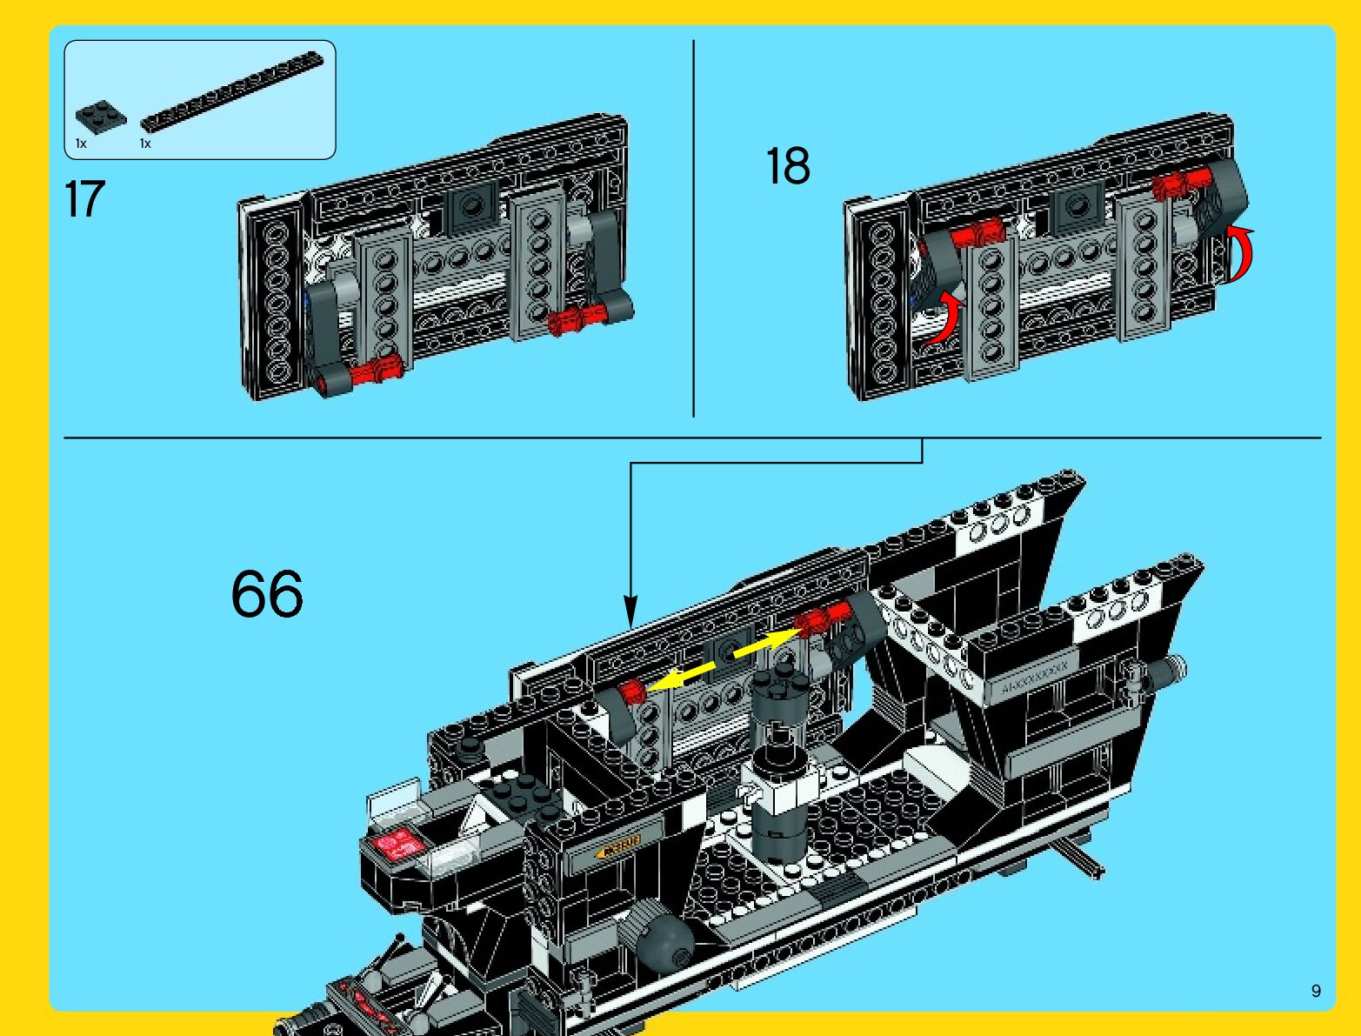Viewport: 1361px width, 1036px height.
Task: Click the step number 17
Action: point(84,199)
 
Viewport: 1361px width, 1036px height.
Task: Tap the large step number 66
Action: point(267,594)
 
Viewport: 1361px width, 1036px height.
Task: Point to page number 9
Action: point(1316,991)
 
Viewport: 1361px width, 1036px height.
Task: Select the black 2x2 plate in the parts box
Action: point(100,117)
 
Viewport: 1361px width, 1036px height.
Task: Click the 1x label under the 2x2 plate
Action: point(81,144)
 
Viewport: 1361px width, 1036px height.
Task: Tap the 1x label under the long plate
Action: point(145,144)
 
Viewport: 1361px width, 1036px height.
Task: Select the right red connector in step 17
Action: point(575,319)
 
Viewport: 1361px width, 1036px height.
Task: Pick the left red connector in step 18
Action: point(977,234)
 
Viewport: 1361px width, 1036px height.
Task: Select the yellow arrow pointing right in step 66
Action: point(765,642)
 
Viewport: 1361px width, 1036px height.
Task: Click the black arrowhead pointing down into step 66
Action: point(630,609)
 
